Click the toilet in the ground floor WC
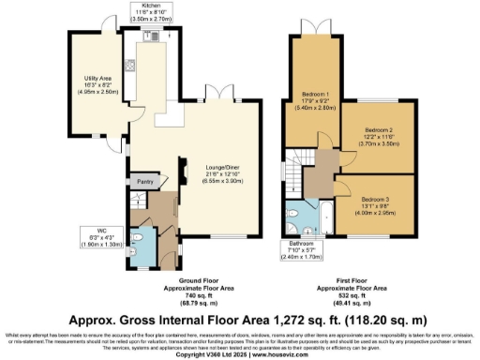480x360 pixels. [138, 241]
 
